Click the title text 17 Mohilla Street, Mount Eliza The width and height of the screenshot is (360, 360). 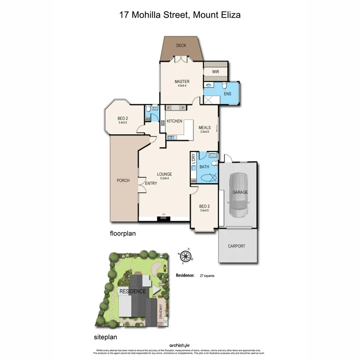[180, 15]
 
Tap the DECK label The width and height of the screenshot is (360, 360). [181, 46]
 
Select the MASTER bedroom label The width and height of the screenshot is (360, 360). [182, 82]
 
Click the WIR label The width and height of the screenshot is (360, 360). [216, 72]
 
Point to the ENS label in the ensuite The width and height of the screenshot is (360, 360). [228, 93]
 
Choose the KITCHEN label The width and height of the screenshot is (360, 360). [174, 121]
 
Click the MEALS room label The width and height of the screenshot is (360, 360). [204, 127]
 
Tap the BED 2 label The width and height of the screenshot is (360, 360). [123, 119]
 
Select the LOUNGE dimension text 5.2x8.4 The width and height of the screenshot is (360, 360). [165, 178]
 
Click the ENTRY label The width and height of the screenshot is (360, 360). [151, 183]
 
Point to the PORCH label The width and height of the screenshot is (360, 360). [123, 180]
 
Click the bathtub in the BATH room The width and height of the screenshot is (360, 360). [207, 178]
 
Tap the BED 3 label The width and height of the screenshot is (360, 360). [204, 206]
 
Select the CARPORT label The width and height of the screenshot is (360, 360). [236, 246]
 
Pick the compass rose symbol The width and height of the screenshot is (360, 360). [186, 255]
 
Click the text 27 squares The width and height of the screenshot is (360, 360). [207, 276]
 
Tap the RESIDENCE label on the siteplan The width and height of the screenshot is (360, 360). [132, 291]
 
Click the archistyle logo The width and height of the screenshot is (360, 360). [180, 345]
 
